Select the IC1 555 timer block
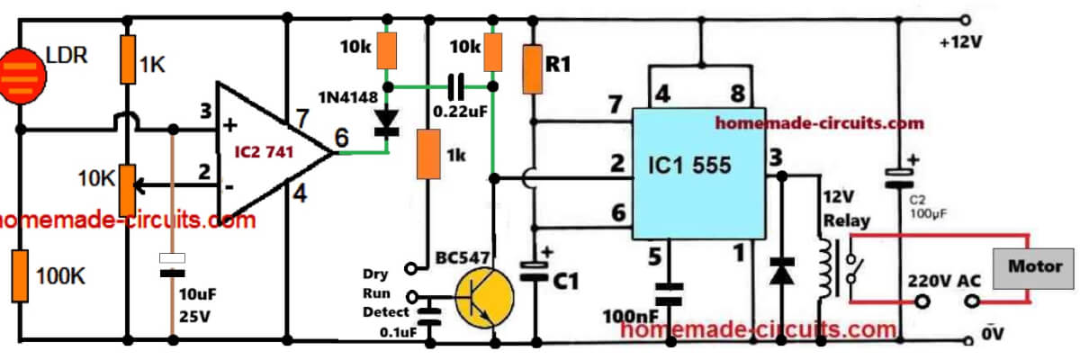point(698,174)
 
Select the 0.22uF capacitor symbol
point(458,87)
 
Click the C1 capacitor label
point(565,282)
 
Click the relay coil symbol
point(823,266)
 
